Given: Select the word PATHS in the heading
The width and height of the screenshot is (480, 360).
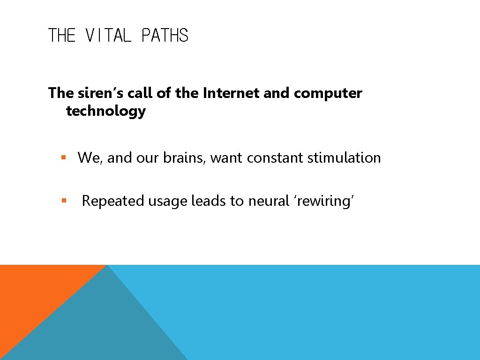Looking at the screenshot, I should (165, 36).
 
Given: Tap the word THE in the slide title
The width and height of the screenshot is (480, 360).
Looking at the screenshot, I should (62, 36).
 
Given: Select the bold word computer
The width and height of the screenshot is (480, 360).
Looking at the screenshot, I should (328, 93).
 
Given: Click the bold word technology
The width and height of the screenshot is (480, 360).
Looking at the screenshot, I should (106, 111).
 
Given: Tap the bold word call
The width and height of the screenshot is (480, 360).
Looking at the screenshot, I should (140, 93).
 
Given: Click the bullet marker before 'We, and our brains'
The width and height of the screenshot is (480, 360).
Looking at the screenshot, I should (64, 158).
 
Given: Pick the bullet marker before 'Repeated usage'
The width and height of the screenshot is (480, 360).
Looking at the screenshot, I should (64, 201).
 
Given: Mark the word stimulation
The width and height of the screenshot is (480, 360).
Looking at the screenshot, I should (344, 158).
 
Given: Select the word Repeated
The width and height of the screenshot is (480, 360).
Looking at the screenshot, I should (113, 201).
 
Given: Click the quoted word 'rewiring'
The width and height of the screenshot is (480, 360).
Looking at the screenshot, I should (324, 201).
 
